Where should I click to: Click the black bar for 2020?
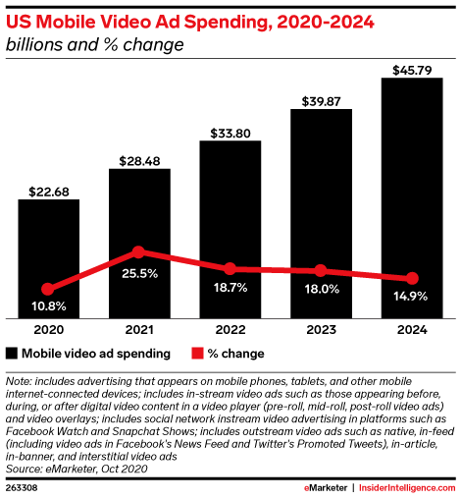pos(49,258)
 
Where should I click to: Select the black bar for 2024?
pos(412,197)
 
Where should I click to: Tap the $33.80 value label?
pos(230,134)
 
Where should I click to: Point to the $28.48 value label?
pos(139,161)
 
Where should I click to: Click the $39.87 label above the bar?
pos(321,101)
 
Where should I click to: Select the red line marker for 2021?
pos(139,251)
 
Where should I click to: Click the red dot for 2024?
pos(412,278)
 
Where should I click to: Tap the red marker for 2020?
pos(48,289)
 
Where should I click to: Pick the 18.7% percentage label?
pos(230,288)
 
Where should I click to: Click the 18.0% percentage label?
pos(322,289)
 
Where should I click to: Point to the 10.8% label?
pos(49,306)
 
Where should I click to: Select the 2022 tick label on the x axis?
pos(230,330)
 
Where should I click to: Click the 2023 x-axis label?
pos(321,330)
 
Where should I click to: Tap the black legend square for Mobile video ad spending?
pos(12,354)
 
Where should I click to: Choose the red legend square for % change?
pos(197,354)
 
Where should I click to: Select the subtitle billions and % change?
pos(95,44)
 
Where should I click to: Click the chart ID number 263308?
pos(22,488)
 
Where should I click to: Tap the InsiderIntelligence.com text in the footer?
pos(407,488)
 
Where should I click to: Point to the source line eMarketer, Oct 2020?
pos(96,469)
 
